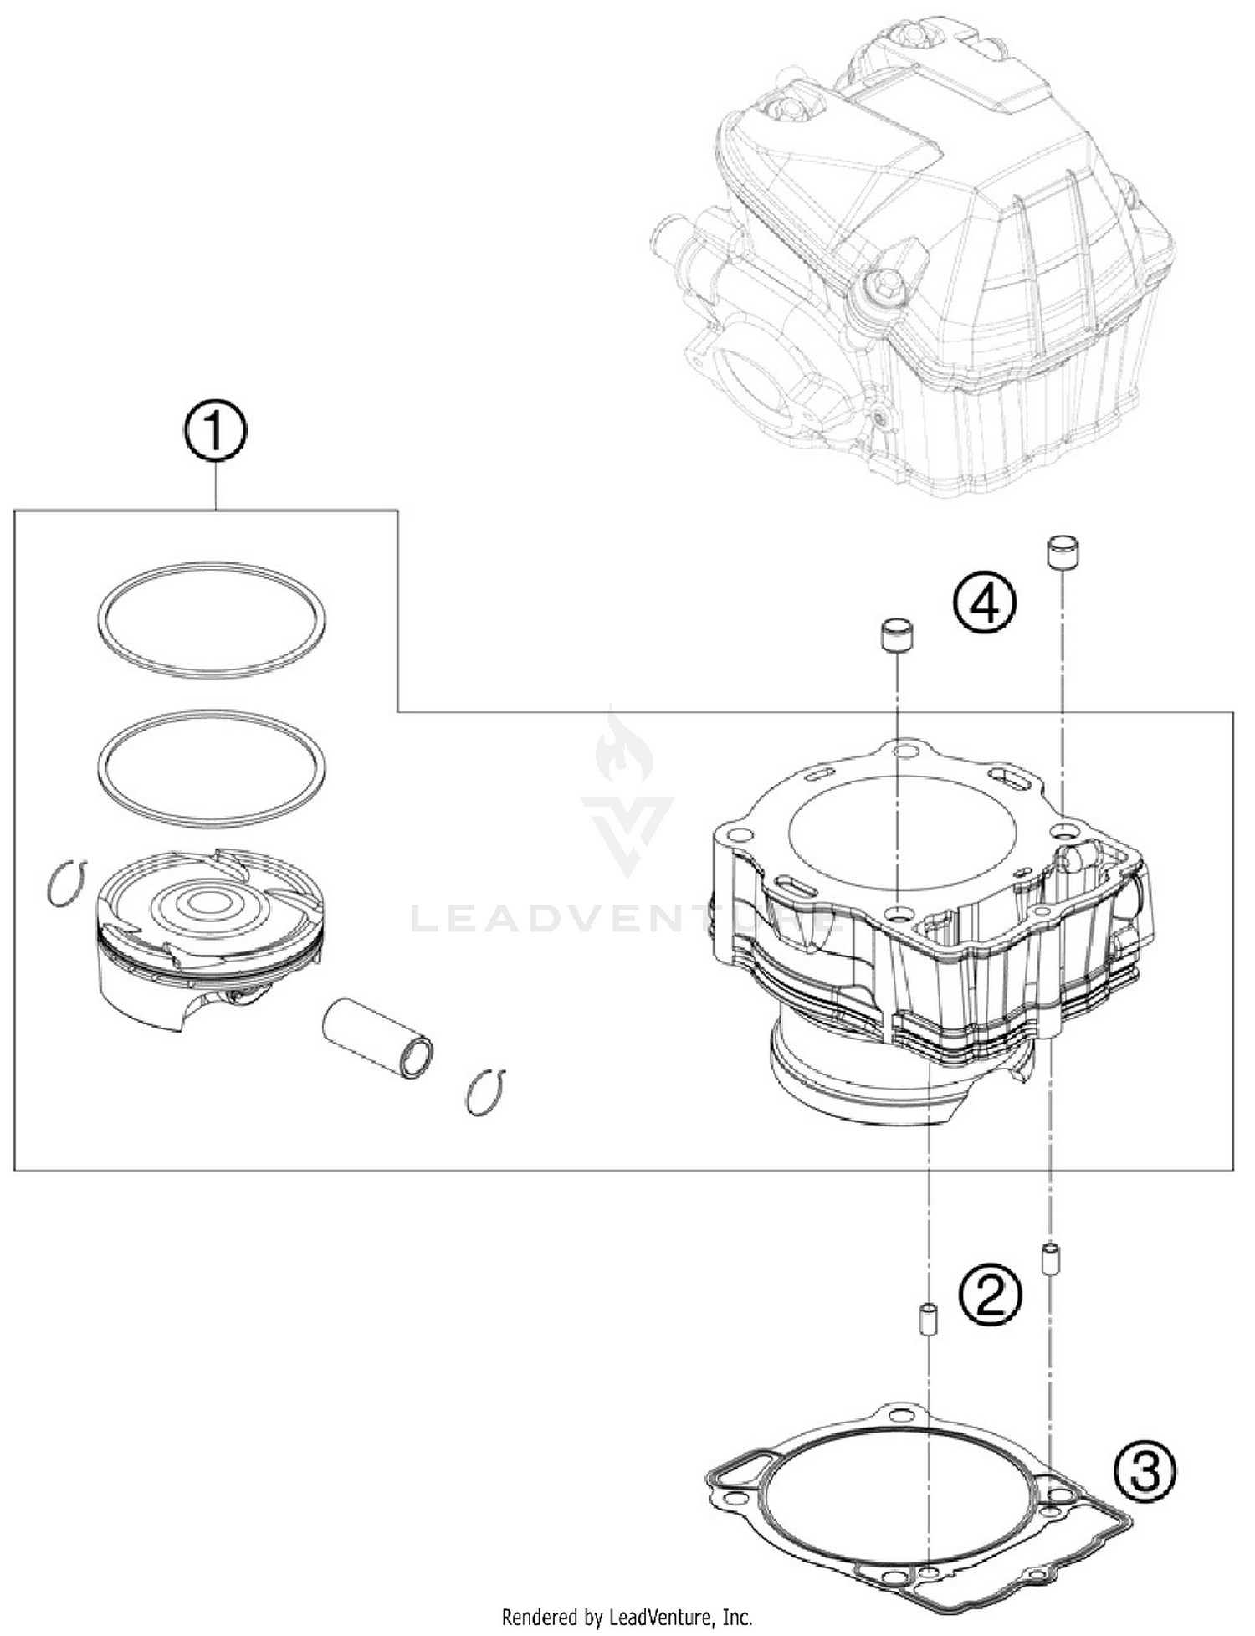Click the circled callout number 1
click(215, 432)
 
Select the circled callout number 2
click(990, 1294)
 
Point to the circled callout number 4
click(984, 604)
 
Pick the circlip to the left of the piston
click(65, 885)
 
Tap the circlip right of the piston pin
click(485, 1092)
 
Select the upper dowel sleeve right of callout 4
click(1063, 553)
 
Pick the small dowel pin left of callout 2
click(928, 1319)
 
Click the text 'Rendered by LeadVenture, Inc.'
click(627, 1617)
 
